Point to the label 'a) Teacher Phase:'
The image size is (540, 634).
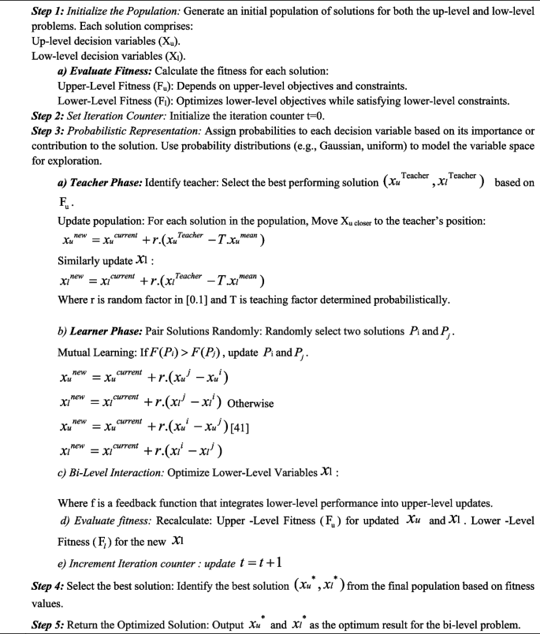101,183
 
